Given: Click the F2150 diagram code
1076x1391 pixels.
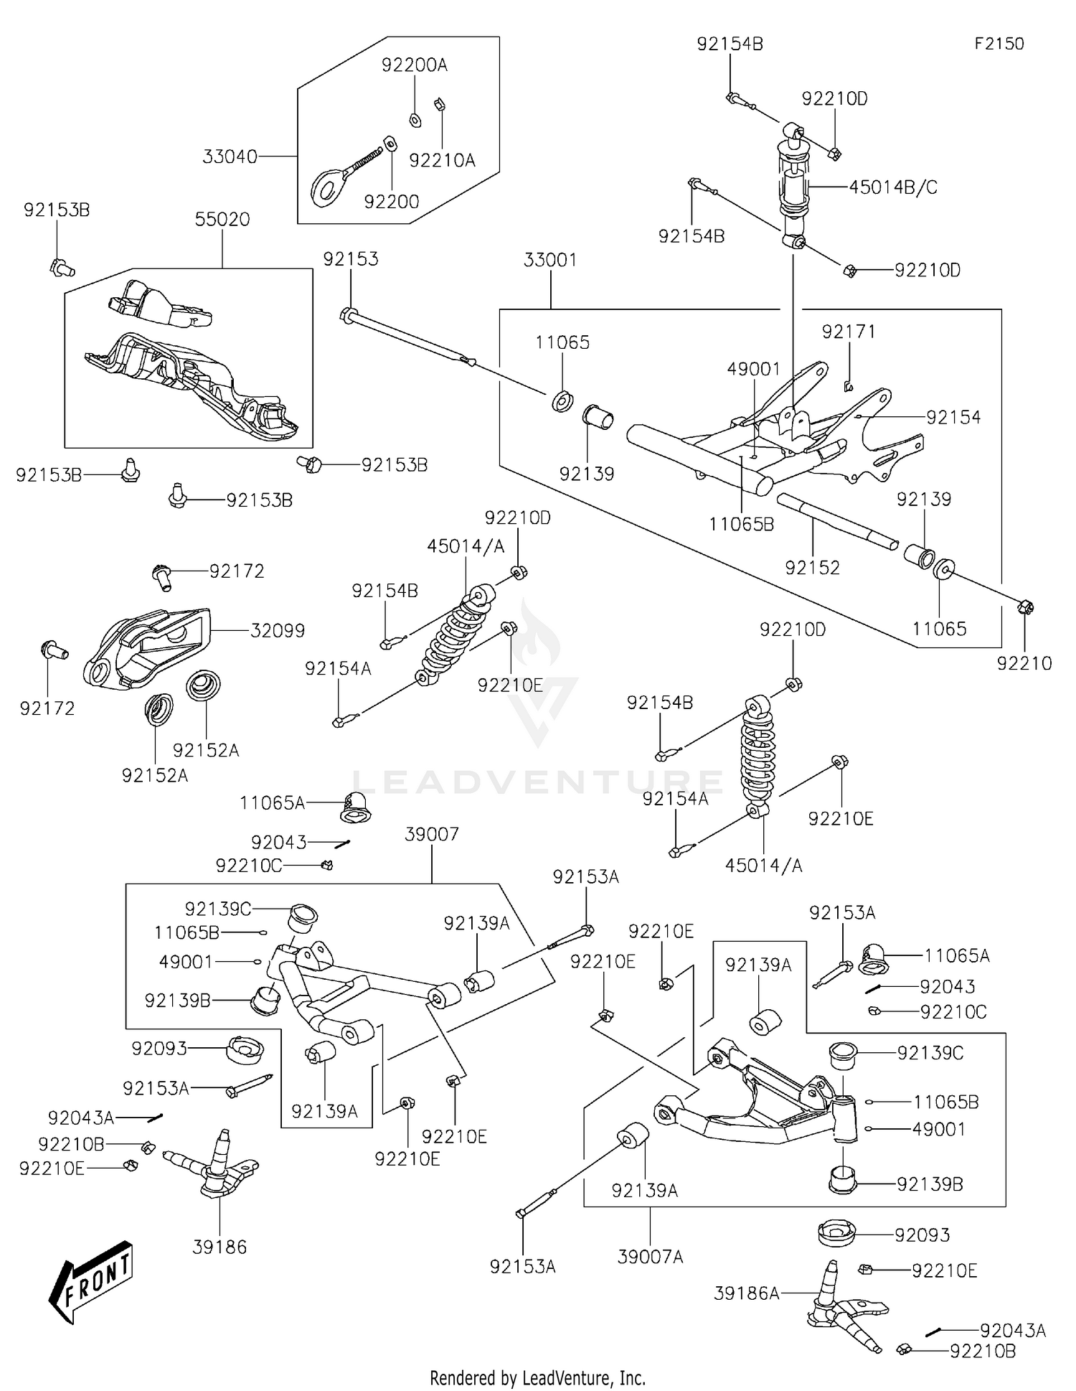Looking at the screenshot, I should [x=999, y=44].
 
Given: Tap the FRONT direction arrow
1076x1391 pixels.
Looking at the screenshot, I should [x=92, y=1281].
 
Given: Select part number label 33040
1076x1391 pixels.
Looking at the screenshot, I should [x=230, y=156].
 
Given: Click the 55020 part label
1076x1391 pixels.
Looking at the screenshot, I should [x=222, y=220].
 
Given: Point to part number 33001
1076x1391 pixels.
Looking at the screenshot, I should [x=550, y=260].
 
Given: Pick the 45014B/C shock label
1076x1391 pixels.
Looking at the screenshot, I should [x=893, y=187].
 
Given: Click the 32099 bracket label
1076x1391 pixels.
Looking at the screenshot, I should [x=278, y=631].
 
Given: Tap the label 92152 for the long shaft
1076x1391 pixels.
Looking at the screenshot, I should [x=812, y=568].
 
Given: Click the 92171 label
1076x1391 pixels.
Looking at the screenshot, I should [x=849, y=332].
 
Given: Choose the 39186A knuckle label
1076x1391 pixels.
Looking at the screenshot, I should [x=746, y=1293].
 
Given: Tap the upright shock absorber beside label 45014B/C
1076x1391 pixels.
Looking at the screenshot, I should [x=793, y=187].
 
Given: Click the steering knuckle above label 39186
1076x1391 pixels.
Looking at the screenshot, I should [x=215, y=1170].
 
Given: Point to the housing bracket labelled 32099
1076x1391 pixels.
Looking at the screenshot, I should [x=147, y=646].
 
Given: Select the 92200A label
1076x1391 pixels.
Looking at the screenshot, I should [x=414, y=65].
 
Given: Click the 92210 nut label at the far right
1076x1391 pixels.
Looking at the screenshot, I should [x=1024, y=663].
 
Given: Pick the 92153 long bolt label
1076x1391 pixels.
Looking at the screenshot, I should [x=350, y=259].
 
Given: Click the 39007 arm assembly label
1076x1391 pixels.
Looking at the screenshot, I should [x=431, y=835].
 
